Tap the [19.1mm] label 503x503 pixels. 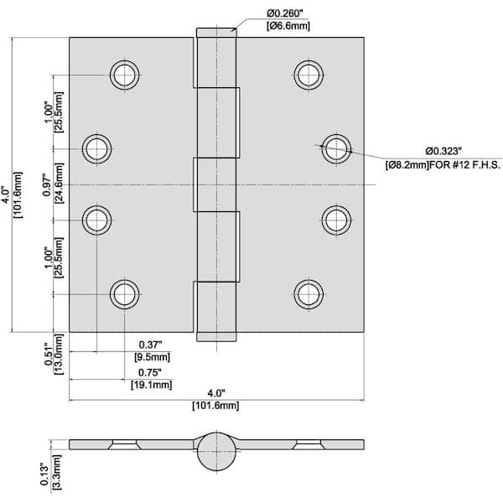pos(151,385)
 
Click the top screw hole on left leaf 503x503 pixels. pos(124,75)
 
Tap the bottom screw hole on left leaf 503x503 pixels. pos(124,293)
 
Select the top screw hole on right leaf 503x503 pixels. pos(309,75)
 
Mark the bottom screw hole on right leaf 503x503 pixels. pos(309,293)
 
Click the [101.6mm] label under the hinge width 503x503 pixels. pos(216,405)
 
